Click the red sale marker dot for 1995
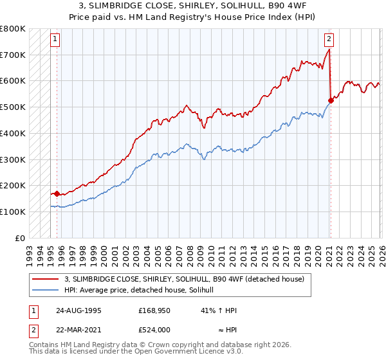[x=57, y=193]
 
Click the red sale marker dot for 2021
[x=331, y=100]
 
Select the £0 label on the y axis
[x=21, y=238]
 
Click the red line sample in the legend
[x=46, y=279]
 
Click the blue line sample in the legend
[x=46, y=291]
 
